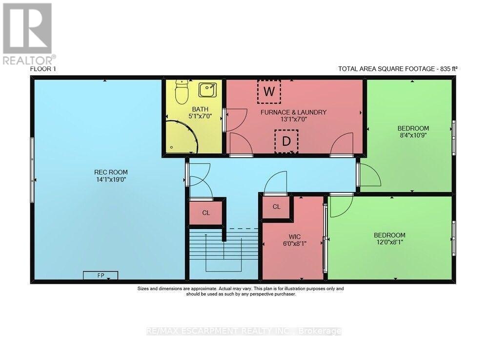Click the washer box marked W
(269, 91)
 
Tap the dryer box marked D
(286, 141)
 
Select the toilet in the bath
(182, 91)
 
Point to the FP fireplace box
(101, 275)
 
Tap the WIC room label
(294, 237)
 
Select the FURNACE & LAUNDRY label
(293, 112)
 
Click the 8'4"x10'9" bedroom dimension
(413, 135)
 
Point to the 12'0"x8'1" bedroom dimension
(389, 242)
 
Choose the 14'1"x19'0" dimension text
(111, 179)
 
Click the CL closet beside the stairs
(206, 212)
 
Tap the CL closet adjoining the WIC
(276, 207)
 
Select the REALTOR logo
(28, 34)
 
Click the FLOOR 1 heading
(43, 69)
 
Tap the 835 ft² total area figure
(449, 69)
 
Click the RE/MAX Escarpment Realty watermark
(244, 331)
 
